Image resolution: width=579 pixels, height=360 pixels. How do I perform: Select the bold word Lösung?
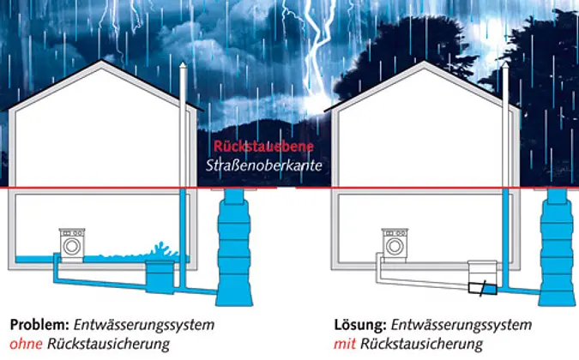click(x=360, y=326)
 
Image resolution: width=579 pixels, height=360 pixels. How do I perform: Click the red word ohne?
click(x=26, y=344)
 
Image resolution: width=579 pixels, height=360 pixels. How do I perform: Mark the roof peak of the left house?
click(x=103, y=62)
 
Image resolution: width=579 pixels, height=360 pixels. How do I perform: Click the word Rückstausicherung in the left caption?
click(x=107, y=344)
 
